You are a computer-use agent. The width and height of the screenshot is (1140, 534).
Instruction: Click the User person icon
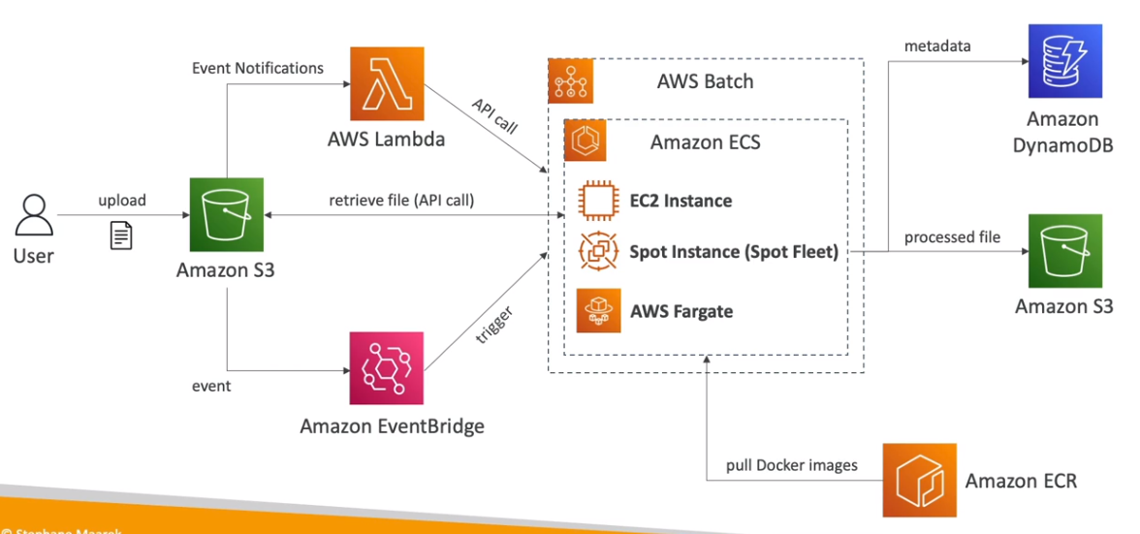tap(33, 214)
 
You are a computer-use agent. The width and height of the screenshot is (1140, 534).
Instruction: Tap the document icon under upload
tap(121, 235)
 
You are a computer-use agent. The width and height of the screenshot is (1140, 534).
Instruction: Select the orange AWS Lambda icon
tap(386, 85)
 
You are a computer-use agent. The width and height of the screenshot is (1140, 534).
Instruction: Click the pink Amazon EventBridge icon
tap(386, 368)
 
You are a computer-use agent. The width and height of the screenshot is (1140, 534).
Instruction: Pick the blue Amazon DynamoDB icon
tap(1063, 62)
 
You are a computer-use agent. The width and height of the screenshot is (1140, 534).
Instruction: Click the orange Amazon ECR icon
tap(919, 480)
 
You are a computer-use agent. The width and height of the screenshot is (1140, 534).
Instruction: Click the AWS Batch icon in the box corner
tap(570, 80)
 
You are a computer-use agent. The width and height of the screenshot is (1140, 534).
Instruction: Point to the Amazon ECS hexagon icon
tap(586, 141)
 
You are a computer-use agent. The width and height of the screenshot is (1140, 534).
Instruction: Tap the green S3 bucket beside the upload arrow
tap(226, 214)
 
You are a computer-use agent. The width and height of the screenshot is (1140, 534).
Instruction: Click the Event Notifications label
tap(258, 69)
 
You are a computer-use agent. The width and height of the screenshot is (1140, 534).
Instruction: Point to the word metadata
tap(937, 47)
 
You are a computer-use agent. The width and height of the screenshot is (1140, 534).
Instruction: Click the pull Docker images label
tap(792, 465)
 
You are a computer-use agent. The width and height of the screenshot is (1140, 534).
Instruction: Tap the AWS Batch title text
tap(705, 81)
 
